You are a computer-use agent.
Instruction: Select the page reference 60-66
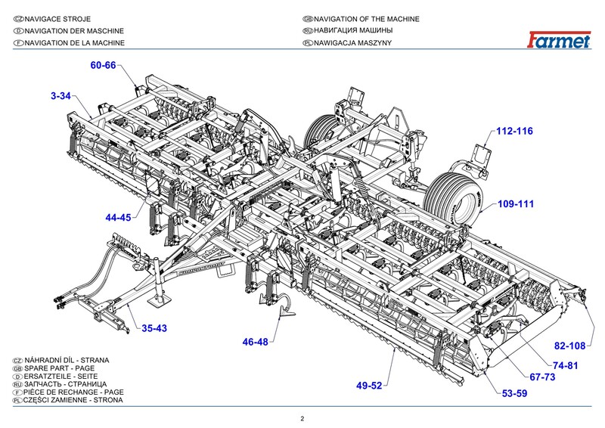(x=103, y=66)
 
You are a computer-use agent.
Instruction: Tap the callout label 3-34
(x=60, y=96)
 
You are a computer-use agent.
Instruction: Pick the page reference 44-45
(x=118, y=218)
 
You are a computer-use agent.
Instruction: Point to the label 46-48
(x=255, y=342)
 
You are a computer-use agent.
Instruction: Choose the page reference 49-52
(x=370, y=386)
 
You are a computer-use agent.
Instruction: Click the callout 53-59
(x=515, y=393)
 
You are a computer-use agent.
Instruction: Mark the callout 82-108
(x=570, y=346)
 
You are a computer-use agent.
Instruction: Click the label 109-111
(x=516, y=204)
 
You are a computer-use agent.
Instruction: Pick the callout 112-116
(x=514, y=131)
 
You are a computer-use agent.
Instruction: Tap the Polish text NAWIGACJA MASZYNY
(x=355, y=43)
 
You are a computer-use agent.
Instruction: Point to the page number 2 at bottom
(x=302, y=418)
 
